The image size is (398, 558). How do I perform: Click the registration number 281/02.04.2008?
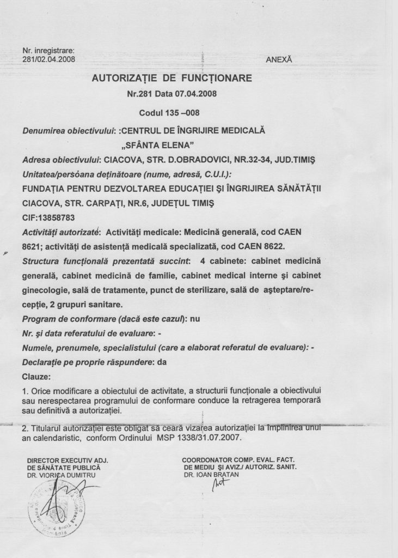coord(48,59)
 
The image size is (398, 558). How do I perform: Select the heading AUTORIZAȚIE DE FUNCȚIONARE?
coord(172,78)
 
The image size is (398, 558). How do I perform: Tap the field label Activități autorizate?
coord(59,232)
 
